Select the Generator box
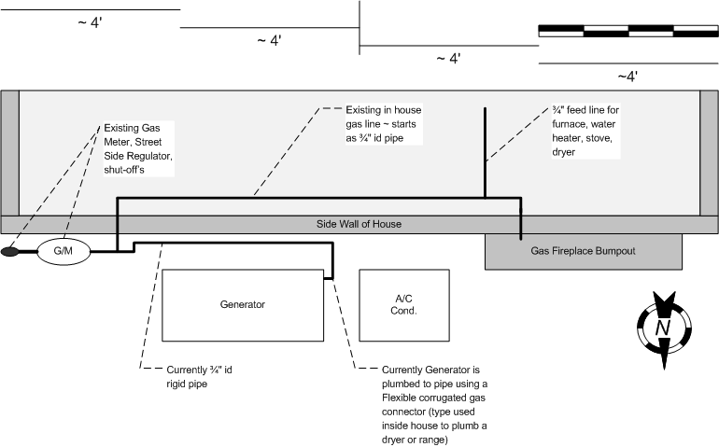[243, 305]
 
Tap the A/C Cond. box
[404, 305]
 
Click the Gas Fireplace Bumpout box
[584, 251]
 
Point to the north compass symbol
[663, 327]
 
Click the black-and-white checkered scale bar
[628, 31]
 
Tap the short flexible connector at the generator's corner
[329, 276]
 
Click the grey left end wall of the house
[9, 153]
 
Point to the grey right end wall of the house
[710, 153]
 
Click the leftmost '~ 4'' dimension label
[91, 23]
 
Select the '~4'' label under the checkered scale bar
[627, 76]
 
